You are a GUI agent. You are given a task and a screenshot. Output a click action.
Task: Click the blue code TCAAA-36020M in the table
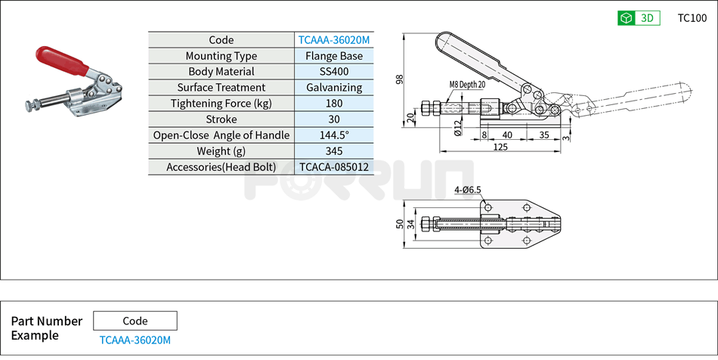(x=333, y=40)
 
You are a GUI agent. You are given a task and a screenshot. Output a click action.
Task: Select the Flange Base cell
(x=333, y=56)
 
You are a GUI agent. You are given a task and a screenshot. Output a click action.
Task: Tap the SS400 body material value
(x=333, y=72)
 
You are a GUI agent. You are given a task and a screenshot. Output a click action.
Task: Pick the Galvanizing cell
(x=333, y=88)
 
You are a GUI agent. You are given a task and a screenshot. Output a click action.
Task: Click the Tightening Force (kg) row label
(x=221, y=104)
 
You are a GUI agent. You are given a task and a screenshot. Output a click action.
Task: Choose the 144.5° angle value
(x=333, y=135)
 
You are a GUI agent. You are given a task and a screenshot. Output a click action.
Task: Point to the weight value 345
(x=333, y=151)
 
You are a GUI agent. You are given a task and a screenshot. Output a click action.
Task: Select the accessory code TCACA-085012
(x=333, y=167)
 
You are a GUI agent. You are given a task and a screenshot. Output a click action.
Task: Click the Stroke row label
(x=221, y=119)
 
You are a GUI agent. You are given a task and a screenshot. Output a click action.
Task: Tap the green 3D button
(x=639, y=18)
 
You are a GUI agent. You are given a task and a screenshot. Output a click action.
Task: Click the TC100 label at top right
(x=692, y=18)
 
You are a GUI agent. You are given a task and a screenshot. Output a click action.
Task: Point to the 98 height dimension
(x=399, y=79)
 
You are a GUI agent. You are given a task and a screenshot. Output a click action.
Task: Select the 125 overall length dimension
(x=500, y=147)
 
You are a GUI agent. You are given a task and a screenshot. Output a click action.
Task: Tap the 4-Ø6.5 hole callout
(x=468, y=190)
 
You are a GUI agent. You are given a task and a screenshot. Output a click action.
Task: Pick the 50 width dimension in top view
(x=400, y=224)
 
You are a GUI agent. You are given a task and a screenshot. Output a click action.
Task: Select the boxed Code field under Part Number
(x=135, y=321)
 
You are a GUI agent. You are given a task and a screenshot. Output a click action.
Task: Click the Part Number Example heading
(x=46, y=328)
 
